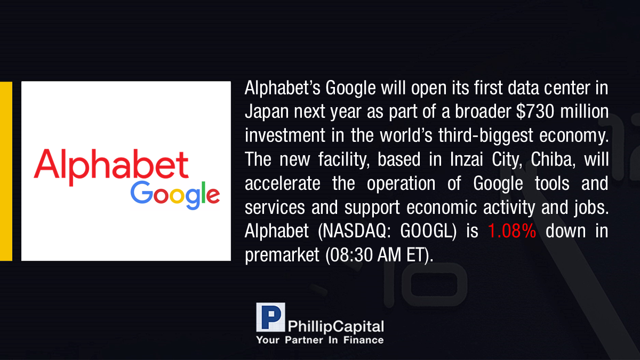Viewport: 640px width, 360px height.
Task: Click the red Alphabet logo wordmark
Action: coord(111,167)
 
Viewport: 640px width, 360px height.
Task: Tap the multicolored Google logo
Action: coord(175,195)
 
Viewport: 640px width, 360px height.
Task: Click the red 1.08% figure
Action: coord(511,230)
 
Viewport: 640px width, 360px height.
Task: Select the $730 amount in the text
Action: coord(535,111)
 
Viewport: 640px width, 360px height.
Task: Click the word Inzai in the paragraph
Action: coord(466,159)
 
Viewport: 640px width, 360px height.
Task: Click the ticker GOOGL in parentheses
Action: coord(426,230)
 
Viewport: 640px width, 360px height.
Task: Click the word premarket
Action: coord(282,255)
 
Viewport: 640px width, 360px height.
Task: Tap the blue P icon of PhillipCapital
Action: coord(270,317)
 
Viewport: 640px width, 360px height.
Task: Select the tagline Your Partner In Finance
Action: coord(319,340)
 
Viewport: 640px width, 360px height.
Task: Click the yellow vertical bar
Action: coord(6,171)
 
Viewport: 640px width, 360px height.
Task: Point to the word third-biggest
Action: coord(486,136)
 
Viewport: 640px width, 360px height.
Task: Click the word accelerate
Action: coord(283,183)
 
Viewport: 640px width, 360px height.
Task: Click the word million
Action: coord(585,111)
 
